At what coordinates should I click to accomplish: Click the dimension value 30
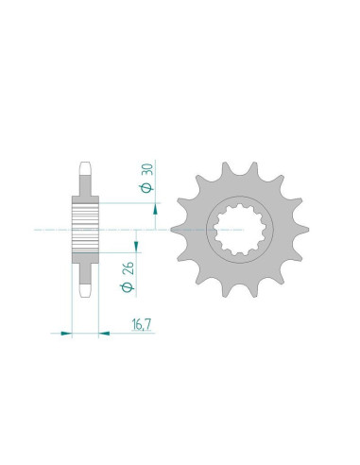pos(148,170)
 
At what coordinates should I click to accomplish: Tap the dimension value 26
pos(129,268)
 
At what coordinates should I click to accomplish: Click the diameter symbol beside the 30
pos(147,188)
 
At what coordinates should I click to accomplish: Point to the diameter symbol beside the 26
pos(128,287)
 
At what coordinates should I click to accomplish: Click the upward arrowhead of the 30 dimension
pos(155,209)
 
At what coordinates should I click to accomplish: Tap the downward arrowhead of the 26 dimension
pos(136,247)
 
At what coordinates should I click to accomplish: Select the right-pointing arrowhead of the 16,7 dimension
pos(67,333)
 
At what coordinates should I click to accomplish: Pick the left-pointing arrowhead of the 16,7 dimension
pos(104,333)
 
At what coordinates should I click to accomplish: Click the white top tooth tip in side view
pos(85,168)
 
